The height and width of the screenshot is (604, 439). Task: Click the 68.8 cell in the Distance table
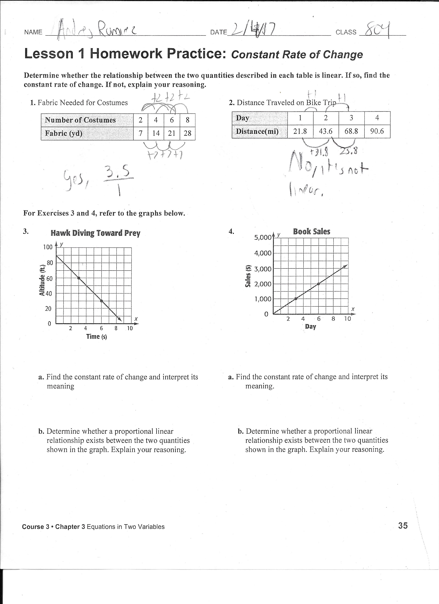(x=351, y=131)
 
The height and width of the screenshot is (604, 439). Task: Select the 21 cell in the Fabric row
(x=172, y=133)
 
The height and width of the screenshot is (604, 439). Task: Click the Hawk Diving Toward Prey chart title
(x=95, y=233)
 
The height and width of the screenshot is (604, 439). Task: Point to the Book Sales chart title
(x=311, y=231)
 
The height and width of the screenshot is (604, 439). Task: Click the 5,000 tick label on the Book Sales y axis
(x=263, y=237)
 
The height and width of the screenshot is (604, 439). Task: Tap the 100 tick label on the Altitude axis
(x=48, y=247)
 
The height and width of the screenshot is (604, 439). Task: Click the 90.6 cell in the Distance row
(x=377, y=131)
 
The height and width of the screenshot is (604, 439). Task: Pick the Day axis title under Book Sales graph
(x=310, y=327)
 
